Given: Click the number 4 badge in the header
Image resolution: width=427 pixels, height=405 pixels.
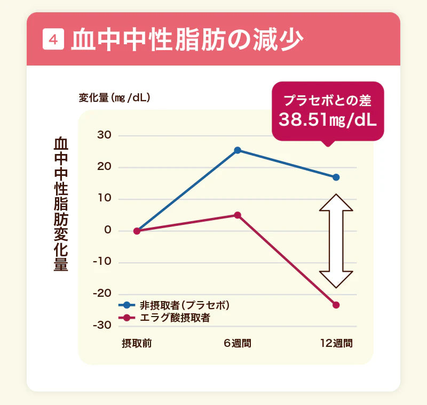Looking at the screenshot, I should (53, 39).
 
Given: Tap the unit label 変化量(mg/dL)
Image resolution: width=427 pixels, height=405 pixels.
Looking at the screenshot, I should (114, 98).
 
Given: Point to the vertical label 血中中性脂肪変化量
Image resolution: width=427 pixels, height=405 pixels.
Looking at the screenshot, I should (61, 205).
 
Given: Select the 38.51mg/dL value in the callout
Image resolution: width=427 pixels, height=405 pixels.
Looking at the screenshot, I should (327, 119).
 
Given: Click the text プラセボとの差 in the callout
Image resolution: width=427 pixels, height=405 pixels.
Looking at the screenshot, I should (327, 99).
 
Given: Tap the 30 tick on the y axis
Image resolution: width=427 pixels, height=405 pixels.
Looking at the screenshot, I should (104, 135).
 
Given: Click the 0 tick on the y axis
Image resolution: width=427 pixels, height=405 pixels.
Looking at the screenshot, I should (108, 230).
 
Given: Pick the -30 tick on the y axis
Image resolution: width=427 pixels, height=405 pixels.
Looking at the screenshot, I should (102, 325).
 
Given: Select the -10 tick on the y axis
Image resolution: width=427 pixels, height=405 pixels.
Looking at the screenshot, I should (102, 262).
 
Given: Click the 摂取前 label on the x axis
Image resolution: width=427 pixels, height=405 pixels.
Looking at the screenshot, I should (137, 343).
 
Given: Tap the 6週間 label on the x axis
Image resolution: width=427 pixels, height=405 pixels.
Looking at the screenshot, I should (238, 343).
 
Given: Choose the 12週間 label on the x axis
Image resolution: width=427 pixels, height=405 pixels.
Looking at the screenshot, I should (336, 343).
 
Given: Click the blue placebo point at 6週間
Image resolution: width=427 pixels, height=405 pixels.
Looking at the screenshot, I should (238, 150).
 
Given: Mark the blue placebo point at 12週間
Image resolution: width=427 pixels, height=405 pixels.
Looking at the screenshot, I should (336, 177).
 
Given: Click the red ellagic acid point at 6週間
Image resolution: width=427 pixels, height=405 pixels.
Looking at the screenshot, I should (238, 215).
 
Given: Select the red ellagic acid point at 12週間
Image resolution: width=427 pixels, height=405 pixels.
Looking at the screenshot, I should (336, 305).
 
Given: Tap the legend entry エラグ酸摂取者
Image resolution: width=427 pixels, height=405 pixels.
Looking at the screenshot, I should (174, 318).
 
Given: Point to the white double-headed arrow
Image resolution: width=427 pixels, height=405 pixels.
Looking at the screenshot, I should (336, 241).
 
